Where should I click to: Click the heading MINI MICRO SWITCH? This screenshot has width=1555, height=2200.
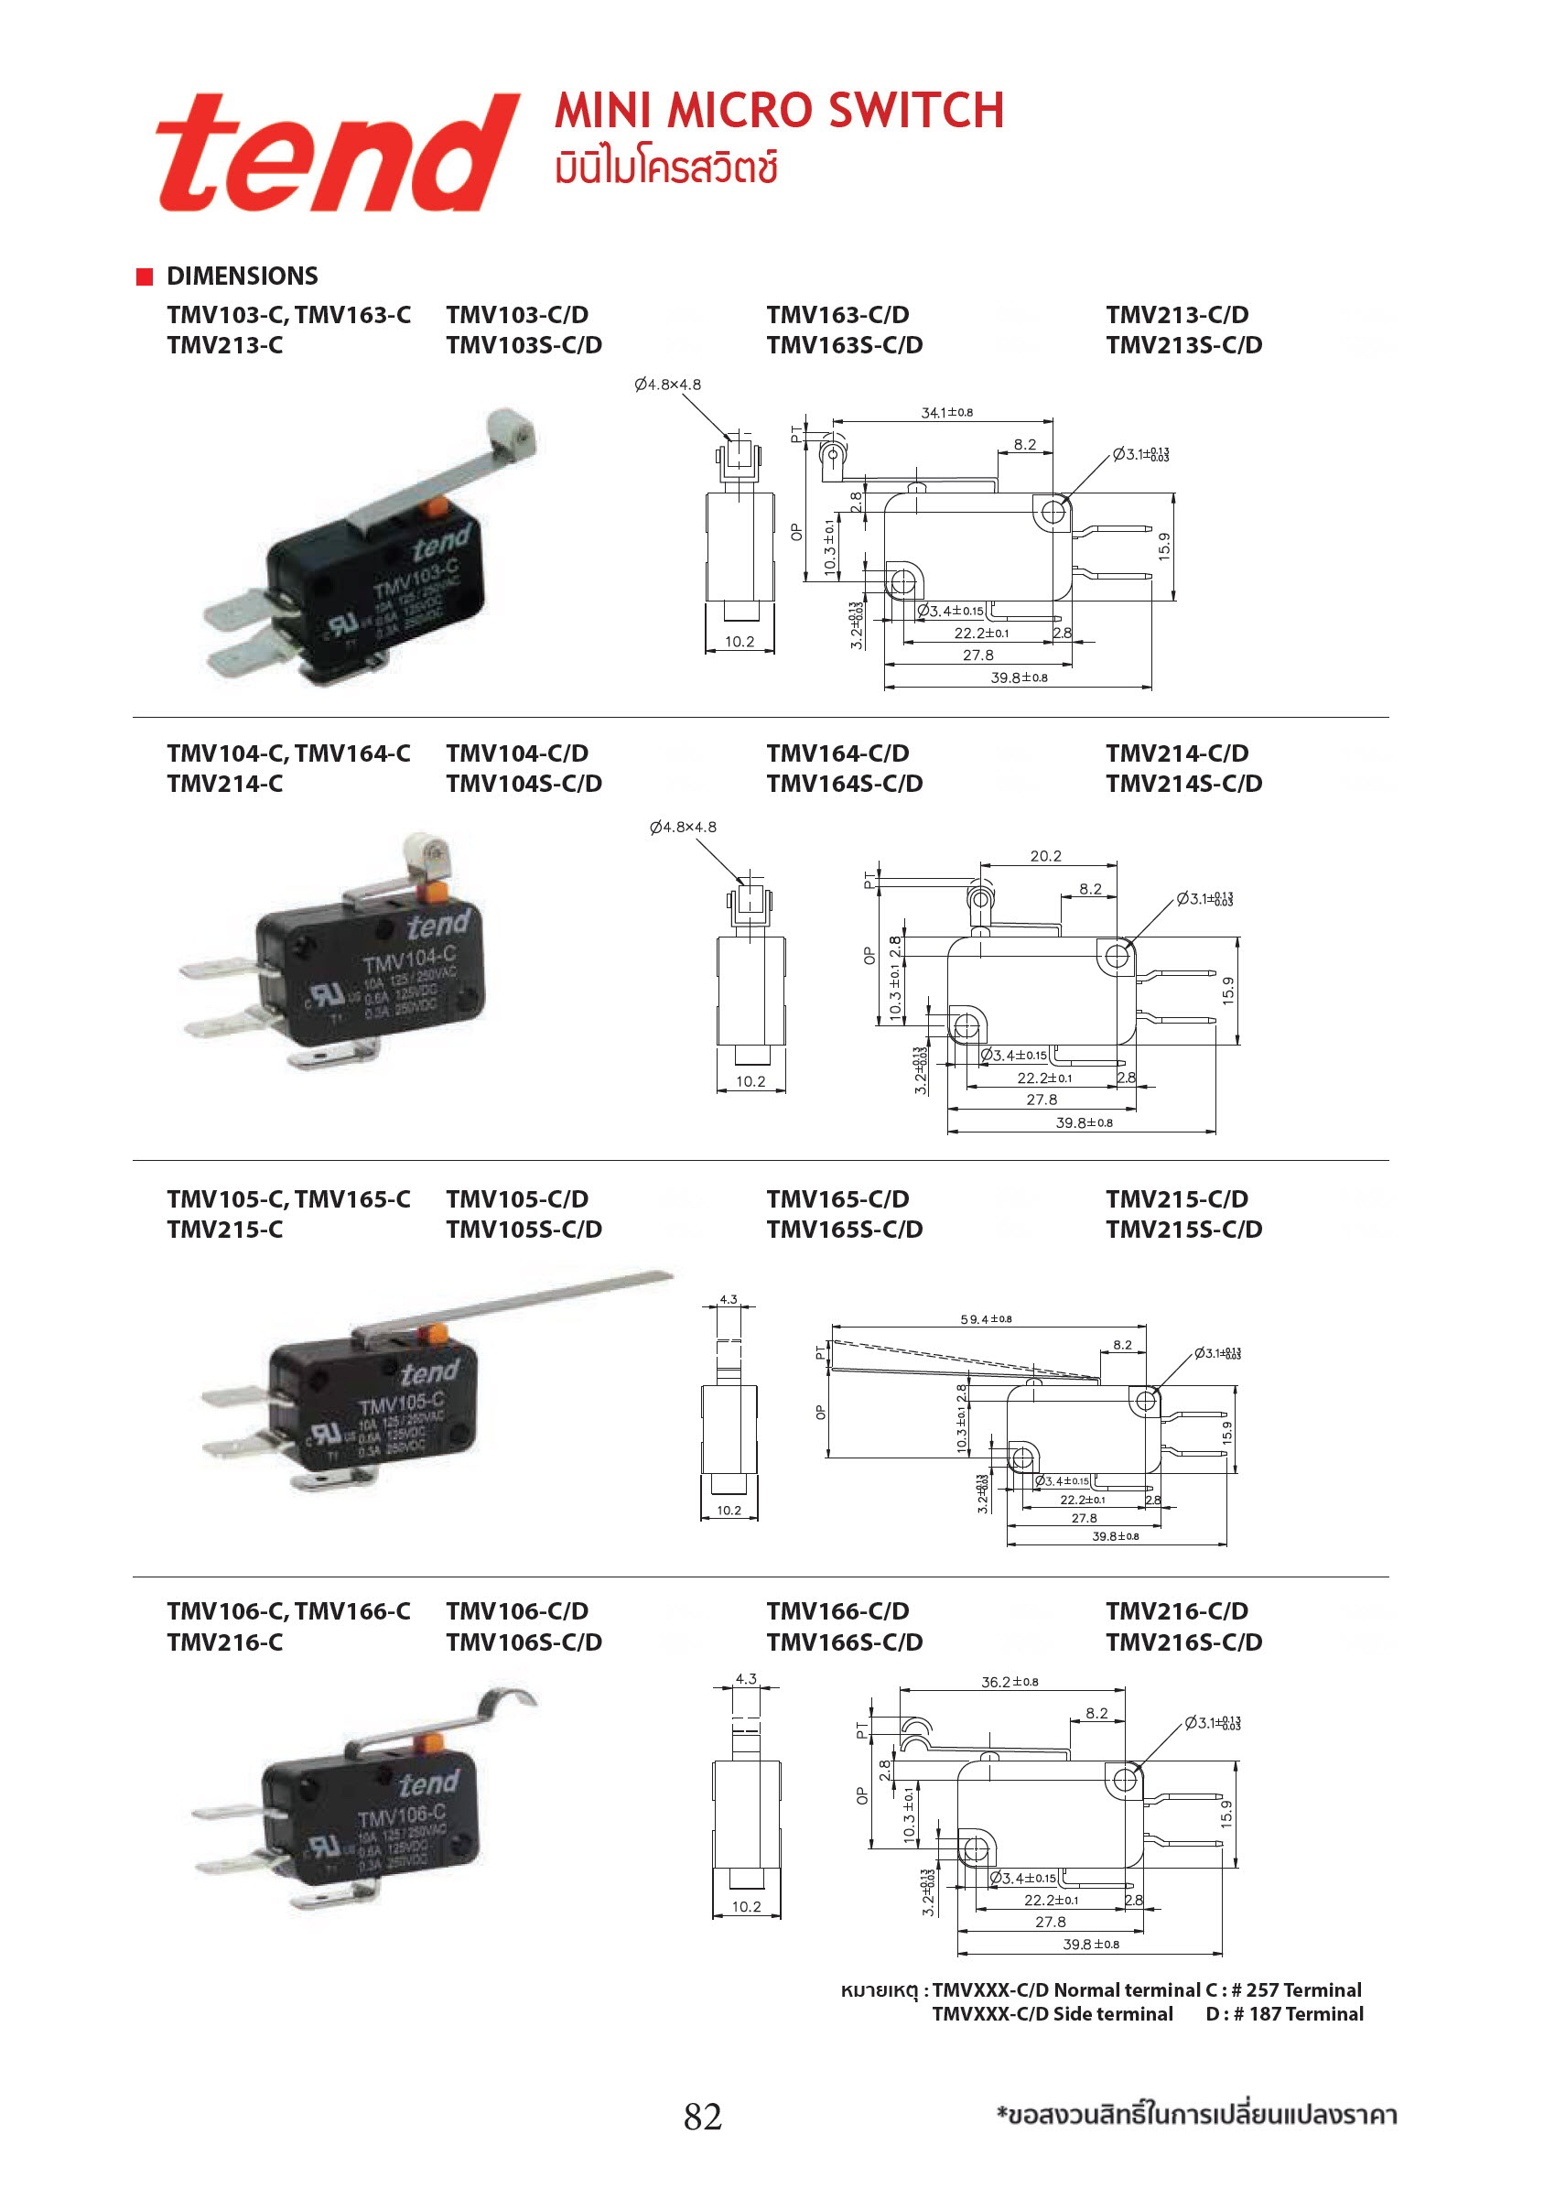[779, 110]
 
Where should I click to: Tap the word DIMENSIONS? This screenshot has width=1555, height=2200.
[243, 276]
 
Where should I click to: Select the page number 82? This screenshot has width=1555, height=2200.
[702, 2116]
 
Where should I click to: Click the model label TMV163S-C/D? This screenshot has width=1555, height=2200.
[844, 345]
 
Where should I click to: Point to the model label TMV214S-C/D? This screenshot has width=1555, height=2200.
[1183, 784]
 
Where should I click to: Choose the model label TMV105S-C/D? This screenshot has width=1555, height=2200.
[524, 1230]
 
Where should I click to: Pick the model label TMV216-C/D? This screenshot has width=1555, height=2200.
[1177, 1611]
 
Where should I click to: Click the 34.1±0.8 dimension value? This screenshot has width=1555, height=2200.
[946, 413]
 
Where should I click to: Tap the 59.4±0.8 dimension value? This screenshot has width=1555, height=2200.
[986, 1319]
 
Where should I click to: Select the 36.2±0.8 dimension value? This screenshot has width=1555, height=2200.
[1009, 1682]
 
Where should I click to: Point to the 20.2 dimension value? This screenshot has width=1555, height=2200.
[1045, 856]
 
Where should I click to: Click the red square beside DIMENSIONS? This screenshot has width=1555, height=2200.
[145, 276]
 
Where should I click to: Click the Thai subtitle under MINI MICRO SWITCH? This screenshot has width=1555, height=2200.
[666, 168]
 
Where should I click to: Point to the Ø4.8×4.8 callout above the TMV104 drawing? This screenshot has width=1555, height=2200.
[682, 827]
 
